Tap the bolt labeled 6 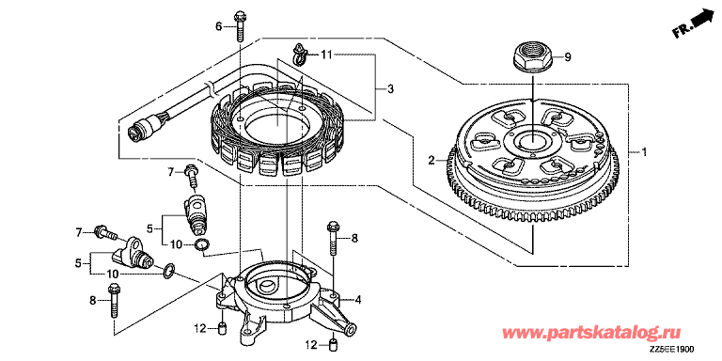pos(240,25)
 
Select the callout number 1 pos(644,152)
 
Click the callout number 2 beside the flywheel pos(432,160)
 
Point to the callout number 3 pos(390,89)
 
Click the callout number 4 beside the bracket pos(357,301)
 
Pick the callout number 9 pos(567,57)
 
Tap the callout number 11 pos(326,55)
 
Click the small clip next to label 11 pos(298,55)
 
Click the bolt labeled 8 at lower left pos(113,302)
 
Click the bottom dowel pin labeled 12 pos(333,344)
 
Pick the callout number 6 pos(219,26)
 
